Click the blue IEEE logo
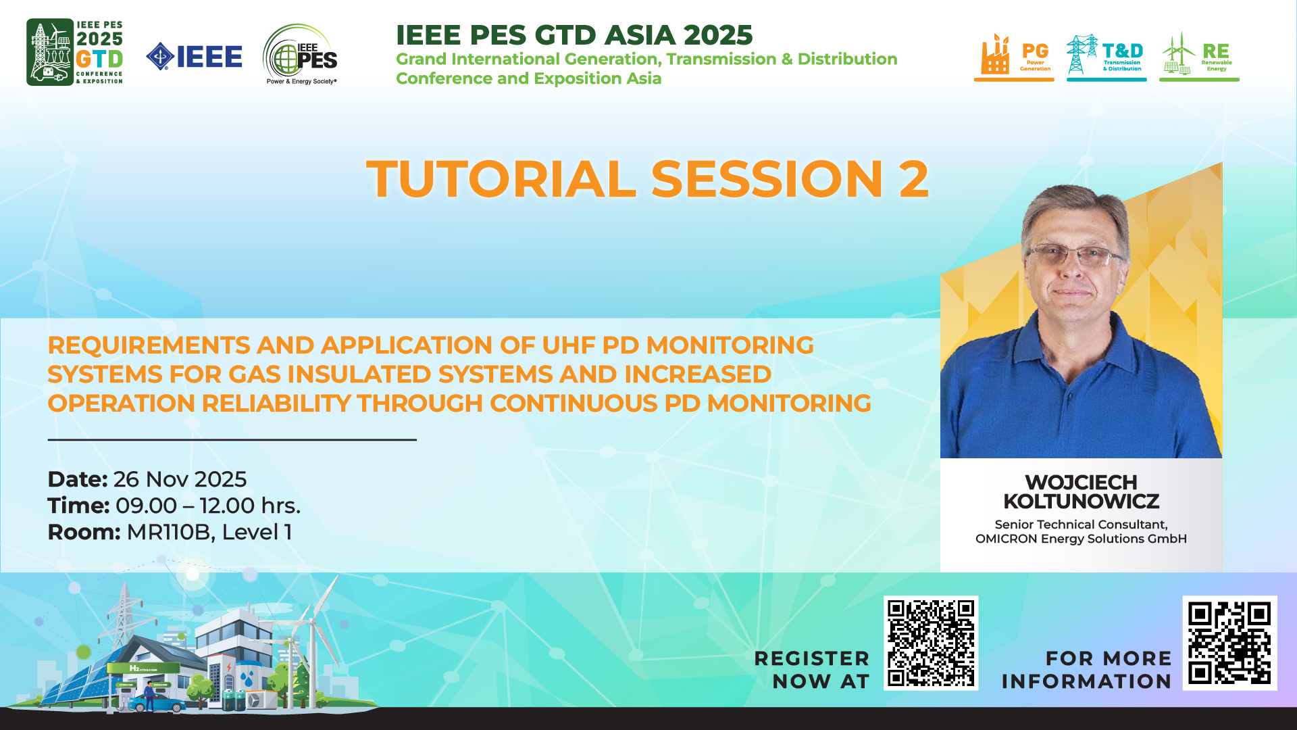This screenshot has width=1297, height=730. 194,57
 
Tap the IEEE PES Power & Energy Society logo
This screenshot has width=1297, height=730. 300,55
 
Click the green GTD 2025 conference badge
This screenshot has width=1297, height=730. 74,52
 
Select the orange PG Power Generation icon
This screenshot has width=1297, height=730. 1014,57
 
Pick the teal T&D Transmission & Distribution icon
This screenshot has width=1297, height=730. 1107,57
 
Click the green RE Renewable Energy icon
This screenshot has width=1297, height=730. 1199,57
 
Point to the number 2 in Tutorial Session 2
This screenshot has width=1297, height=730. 913,179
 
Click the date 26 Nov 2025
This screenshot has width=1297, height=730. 180,479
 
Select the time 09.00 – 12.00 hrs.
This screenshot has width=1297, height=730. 208,506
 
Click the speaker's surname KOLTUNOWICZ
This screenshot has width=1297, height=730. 1081,502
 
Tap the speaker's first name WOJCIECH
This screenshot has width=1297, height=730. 1081,483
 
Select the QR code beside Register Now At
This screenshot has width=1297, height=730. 931,643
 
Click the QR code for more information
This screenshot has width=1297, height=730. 1229,643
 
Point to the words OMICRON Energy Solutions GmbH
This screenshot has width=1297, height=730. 1081,539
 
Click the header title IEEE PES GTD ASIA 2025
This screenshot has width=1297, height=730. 574,35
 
